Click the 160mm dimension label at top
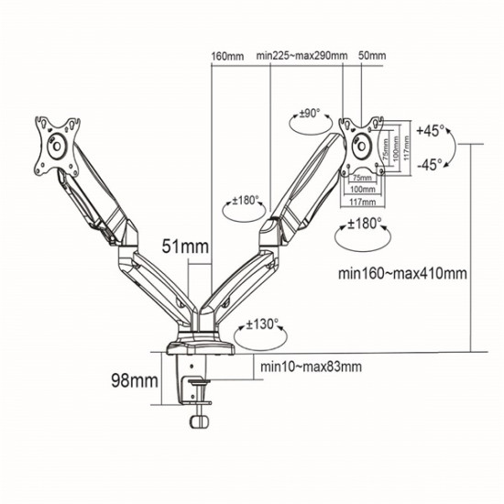click(226, 54)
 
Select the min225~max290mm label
click(301, 54)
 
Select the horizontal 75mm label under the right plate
click(361, 177)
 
